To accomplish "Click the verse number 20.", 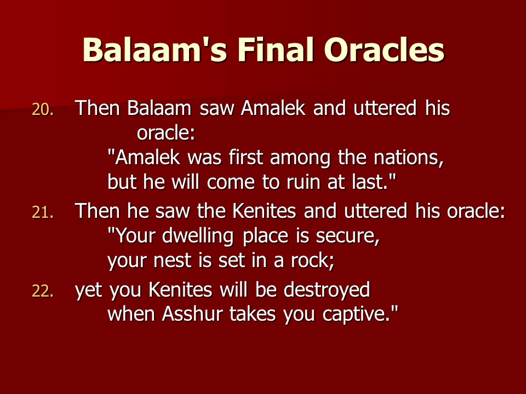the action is pos(43,109).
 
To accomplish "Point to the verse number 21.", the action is pos(43,212).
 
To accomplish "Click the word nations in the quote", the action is pos(409,158).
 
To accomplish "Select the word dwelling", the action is pos(198,236).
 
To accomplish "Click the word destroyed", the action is pos(327,290).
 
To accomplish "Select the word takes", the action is pos(253,314).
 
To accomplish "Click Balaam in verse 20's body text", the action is pos(159,108).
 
